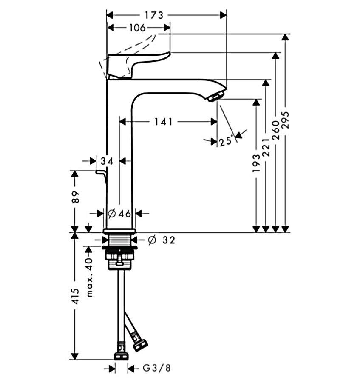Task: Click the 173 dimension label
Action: point(154,15)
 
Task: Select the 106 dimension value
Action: point(137,28)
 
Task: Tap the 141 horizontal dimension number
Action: point(163,122)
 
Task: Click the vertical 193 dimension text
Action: point(256,163)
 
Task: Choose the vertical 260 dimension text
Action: point(276,129)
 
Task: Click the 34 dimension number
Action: point(108,161)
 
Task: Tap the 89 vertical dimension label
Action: point(75,197)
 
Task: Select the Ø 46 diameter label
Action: point(119,214)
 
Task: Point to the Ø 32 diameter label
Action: point(162,240)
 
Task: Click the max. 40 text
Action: point(88,277)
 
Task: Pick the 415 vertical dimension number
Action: point(75,296)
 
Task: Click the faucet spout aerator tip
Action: point(215,97)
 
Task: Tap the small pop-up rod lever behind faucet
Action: point(101,173)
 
